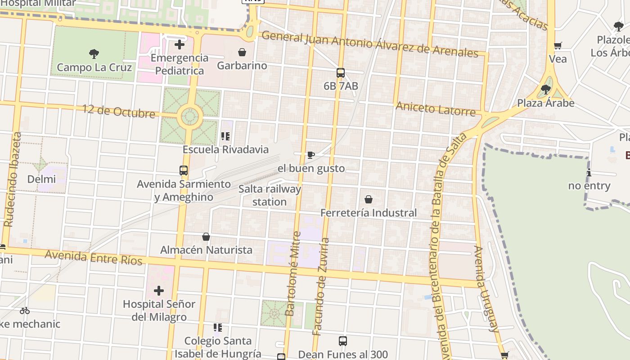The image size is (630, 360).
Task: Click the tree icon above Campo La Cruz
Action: [x=94, y=54]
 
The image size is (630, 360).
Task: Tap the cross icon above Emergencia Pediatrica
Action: [x=180, y=45]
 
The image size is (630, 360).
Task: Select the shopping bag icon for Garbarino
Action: [x=242, y=52]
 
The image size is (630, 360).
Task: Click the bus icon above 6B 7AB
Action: [x=341, y=73]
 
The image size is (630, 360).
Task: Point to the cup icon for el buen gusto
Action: [x=310, y=155]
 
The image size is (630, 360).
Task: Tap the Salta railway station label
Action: [x=270, y=195]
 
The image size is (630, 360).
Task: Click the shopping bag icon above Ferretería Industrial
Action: [x=369, y=199]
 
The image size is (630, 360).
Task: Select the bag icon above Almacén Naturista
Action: [x=206, y=237]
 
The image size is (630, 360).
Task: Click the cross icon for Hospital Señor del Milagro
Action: [x=158, y=291]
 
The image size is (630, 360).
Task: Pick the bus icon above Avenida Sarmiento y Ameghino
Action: [x=184, y=171]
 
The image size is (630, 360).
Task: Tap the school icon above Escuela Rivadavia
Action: [x=225, y=136]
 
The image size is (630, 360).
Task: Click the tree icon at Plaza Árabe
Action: [x=546, y=90]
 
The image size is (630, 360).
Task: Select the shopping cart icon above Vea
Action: [x=558, y=45]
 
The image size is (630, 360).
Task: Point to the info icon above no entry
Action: [x=589, y=172]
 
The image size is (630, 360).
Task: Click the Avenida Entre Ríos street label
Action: [x=94, y=258]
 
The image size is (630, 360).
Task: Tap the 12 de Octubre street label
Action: [x=119, y=111]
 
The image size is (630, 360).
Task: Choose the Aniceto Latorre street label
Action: [x=435, y=109]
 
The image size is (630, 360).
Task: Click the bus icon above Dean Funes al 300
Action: [x=343, y=341]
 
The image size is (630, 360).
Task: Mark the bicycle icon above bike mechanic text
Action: [x=25, y=310]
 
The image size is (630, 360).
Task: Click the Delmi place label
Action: [x=41, y=179]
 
